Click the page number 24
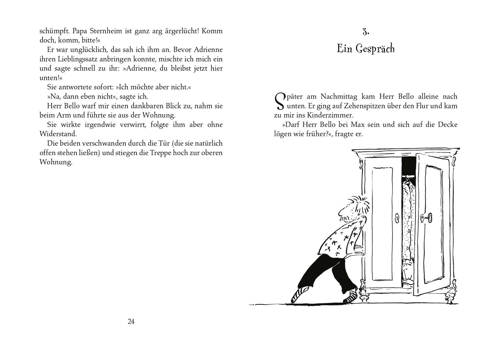[x=131, y=322]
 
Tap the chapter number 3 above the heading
[x=366, y=32]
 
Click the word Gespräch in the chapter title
[x=375, y=49]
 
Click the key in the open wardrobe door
[x=425, y=218]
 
